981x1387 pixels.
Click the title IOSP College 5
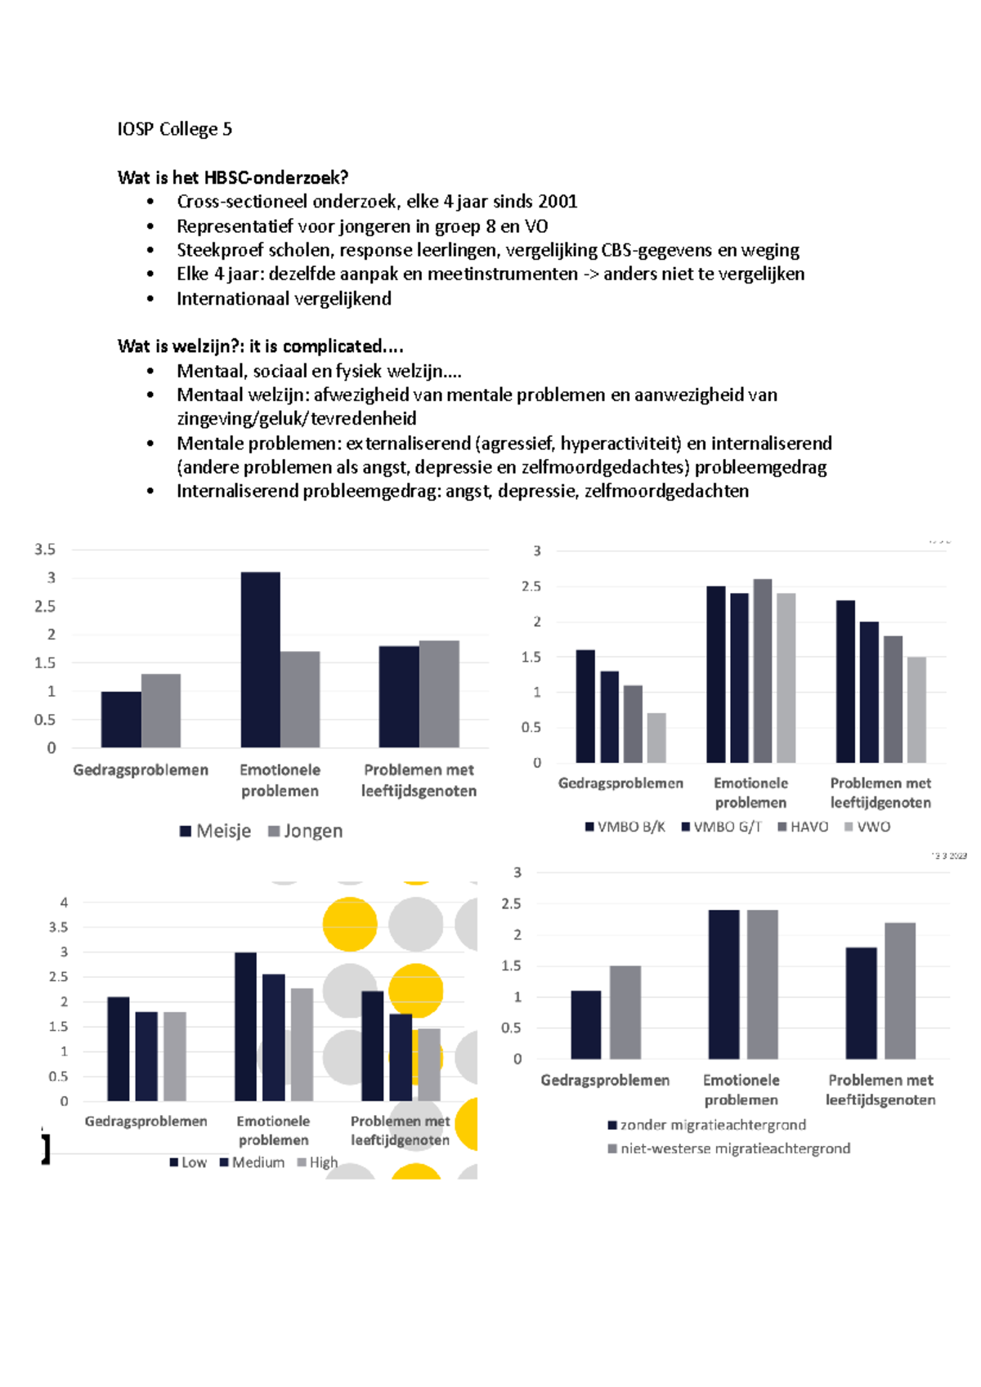[x=174, y=129]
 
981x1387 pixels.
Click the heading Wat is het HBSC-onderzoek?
[x=233, y=177]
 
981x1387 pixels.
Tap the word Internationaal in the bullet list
[x=232, y=299]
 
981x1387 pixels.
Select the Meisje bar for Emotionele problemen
[x=260, y=660]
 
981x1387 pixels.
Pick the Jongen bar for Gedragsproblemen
[x=161, y=711]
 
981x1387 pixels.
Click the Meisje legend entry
[x=216, y=832]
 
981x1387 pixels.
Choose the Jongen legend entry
[x=306, y=832]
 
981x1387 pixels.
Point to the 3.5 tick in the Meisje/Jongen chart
[x=45, y=550]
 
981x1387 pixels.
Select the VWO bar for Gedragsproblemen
[x=656, y=738]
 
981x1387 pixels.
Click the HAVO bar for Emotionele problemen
[x=762, y=671]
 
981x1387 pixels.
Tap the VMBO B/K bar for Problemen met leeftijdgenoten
[x=845, y=681]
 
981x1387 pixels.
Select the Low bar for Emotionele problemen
[x=245, y=1027]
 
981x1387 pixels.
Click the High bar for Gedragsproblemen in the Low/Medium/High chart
[x=175, y=1056]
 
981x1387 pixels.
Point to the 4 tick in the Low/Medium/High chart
[x=64, y=903]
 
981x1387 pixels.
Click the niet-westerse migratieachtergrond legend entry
[x=729, y=1148]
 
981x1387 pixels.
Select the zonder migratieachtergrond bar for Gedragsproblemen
[x=586, y=1025]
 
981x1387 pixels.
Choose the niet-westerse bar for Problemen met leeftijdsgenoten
[x=900, y=991]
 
